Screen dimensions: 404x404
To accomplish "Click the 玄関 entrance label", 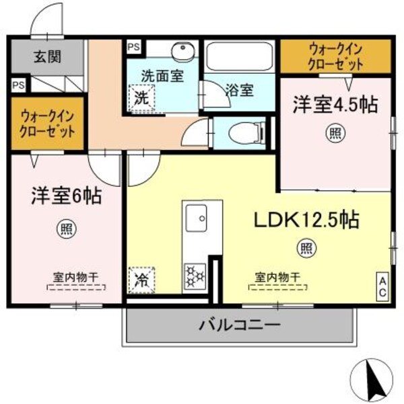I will coord(46,56).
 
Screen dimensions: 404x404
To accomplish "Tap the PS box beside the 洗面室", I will coord(133,48).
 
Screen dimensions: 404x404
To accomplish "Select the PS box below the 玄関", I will coord(18,85).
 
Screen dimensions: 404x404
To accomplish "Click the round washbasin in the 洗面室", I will coord(180,53).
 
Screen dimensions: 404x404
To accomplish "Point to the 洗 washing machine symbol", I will coord(142,97).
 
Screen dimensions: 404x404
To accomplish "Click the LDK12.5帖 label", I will coord(305,219).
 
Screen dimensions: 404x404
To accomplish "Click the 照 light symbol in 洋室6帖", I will coord(65,229).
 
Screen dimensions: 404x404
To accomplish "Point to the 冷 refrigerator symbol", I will coord(142,276).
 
